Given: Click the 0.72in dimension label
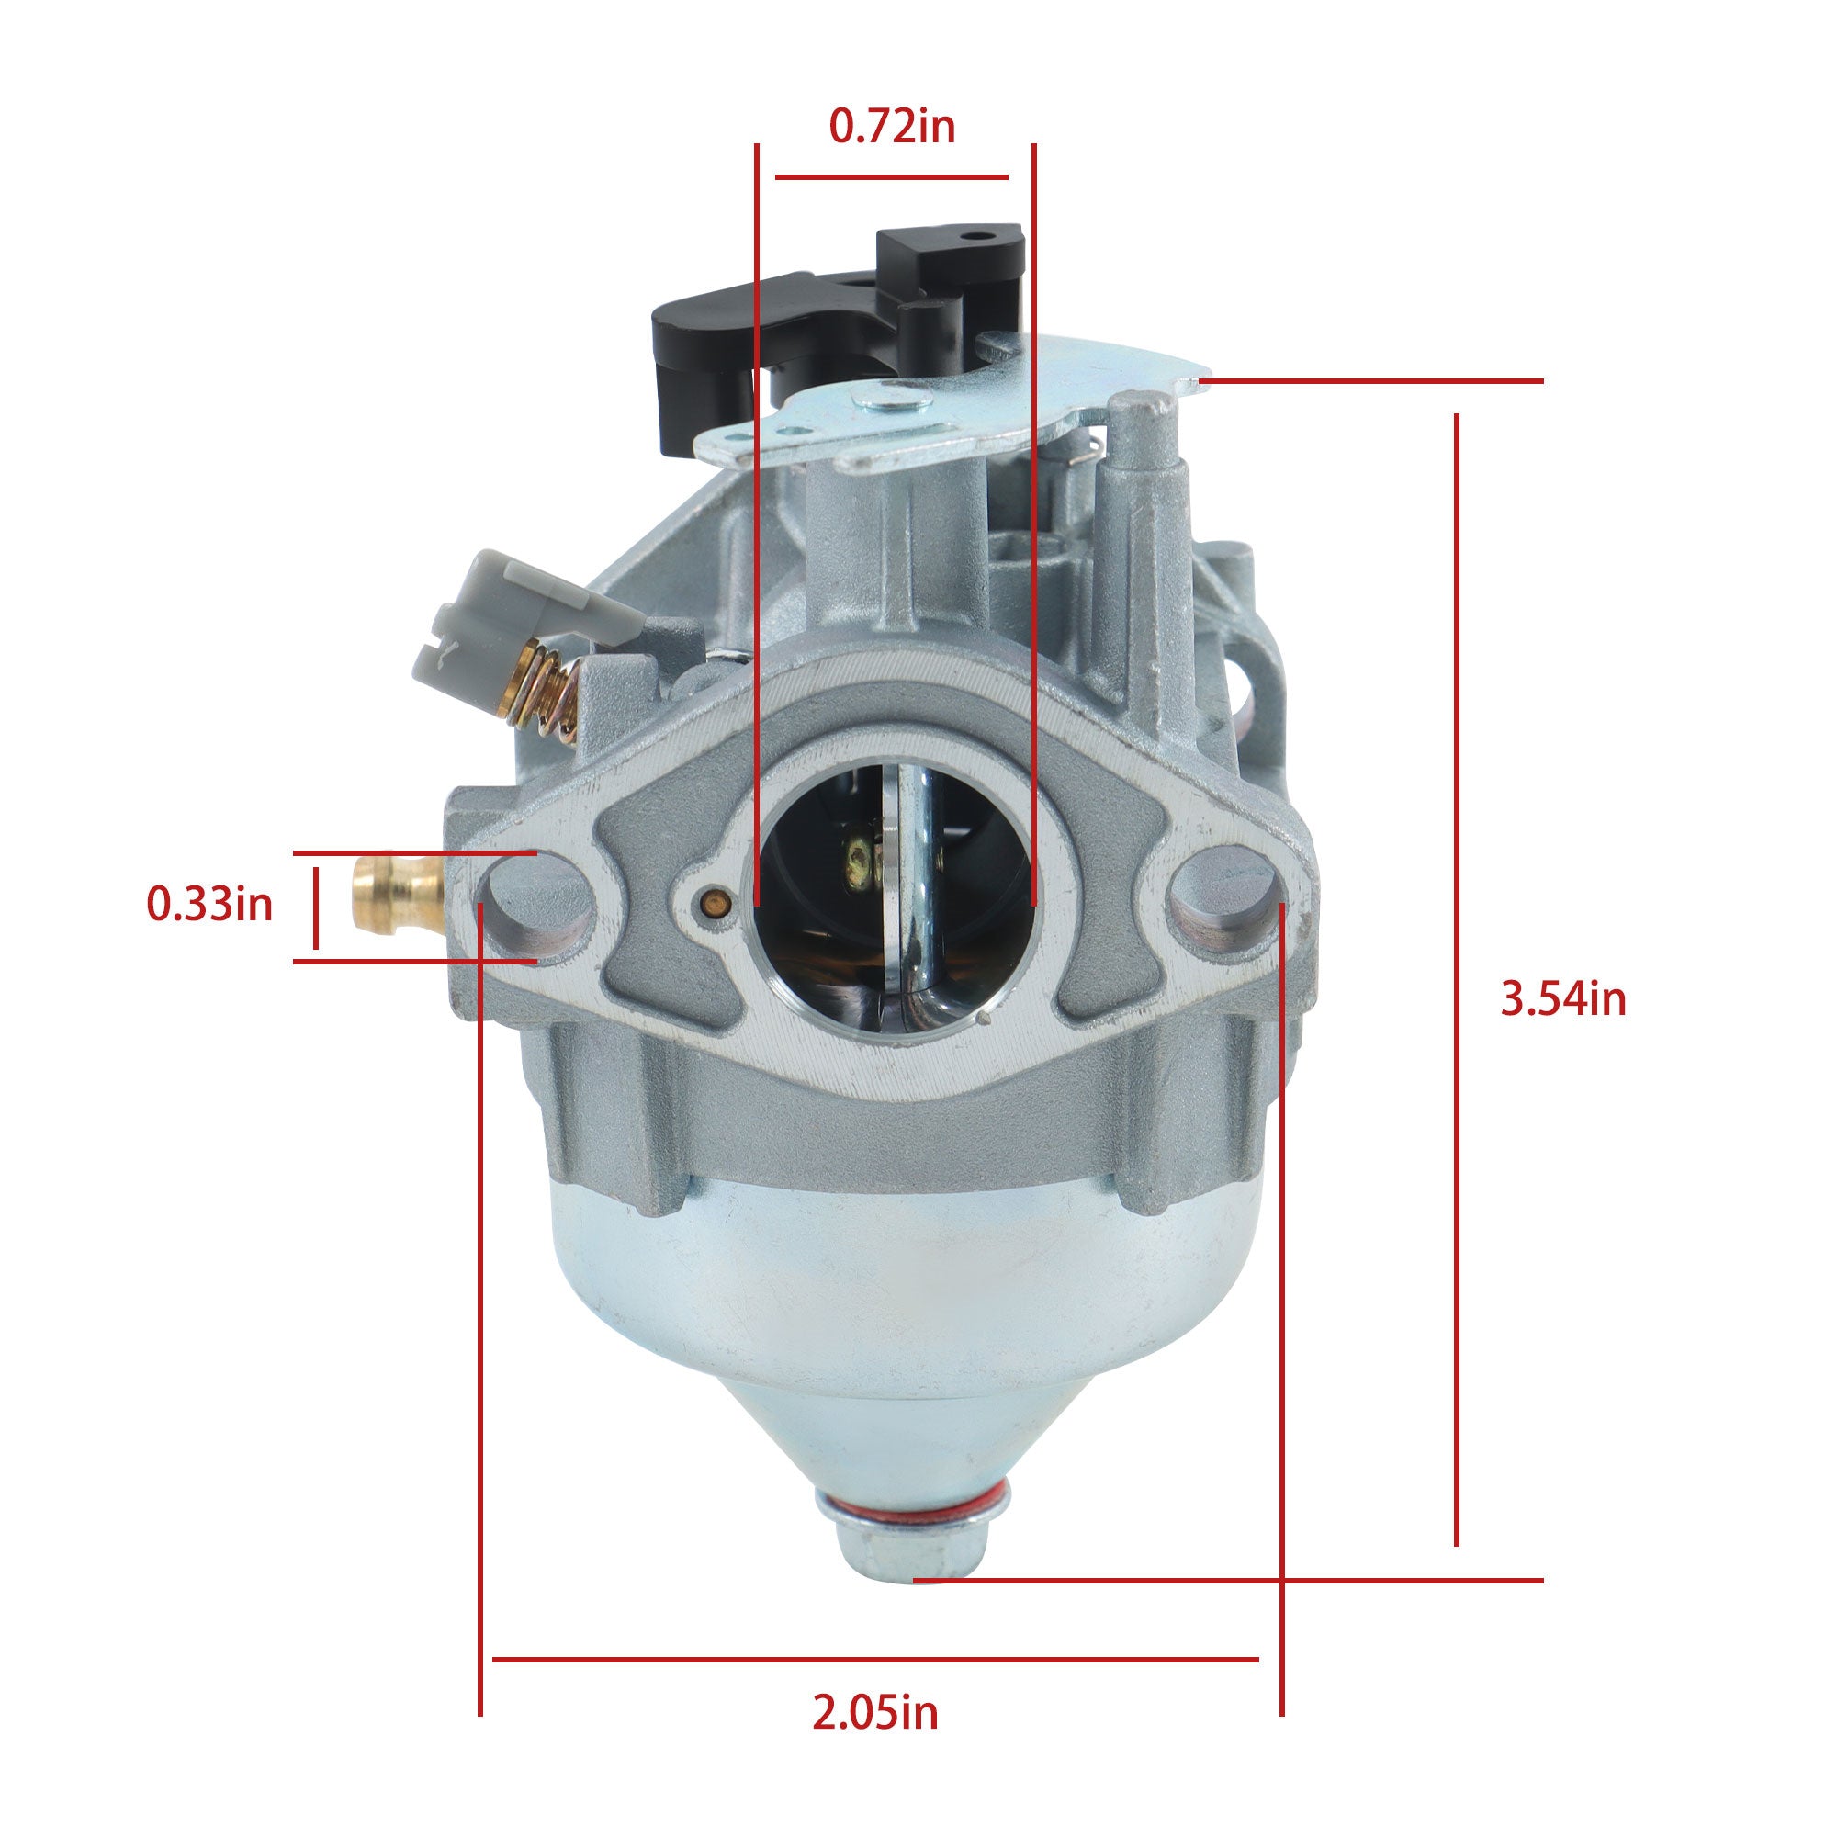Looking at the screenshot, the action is click(892, 127).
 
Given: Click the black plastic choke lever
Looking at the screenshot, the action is click(837, 323).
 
